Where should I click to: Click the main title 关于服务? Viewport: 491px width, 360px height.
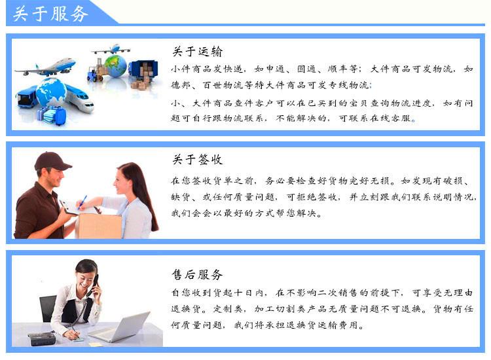pyautogui.click(x=50, y=14)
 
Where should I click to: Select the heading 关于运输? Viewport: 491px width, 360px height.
pyautogui.click(x=198, y=51)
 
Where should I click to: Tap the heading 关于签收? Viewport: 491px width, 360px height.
pyautogui.click(x=198, y=159)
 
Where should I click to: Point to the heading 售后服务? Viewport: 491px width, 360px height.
pyautogui.click(x=197, y=274)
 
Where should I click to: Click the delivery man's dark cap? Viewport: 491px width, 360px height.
pyautogui.click(x=52, y=161)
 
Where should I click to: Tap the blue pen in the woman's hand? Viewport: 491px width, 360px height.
pyautogui.click(x=82, y=202)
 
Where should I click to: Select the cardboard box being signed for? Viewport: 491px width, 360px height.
pyautogui.click(x=100, y=226)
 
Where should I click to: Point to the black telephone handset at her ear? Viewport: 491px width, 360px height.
pyautogui.click(x=94, y=285)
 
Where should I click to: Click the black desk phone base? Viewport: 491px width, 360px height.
pyautogui.click(x=42, y=338)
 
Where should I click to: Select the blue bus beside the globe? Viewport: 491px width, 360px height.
pyautogui.click(x=27, y=96)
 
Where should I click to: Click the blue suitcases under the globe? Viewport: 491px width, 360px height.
pyautogui.click(x=52, y=115)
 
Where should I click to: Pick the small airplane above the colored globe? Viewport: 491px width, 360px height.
pyautogui.click(x=111, y=49)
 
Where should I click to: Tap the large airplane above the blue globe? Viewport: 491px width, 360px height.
pyautogui.click(x=46, y=67)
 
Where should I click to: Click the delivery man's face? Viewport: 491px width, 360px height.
pyautogui.click(x=54, y=177)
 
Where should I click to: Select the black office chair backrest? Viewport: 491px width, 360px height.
pyautogui.click(x=48, y=308)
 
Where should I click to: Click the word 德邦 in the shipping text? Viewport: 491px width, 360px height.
pyautogui.click(x=181, y=85)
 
